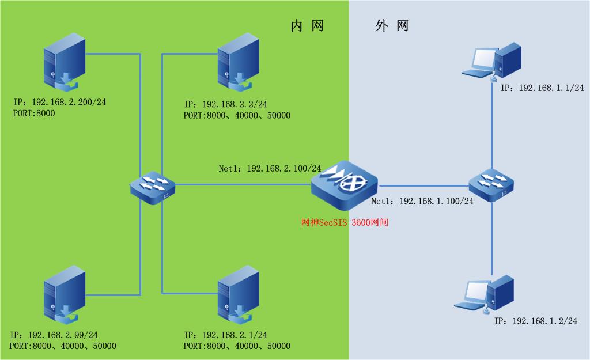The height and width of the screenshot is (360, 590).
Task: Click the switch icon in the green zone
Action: pyautogui.click(x=152, y=185)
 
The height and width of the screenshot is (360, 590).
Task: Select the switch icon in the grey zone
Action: pyautogui.click(x=491, y=185)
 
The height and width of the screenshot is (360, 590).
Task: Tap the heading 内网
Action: pyautogui.click(x=307, y=26)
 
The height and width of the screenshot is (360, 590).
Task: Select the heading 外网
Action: pyautogui.click(x=392, y=26)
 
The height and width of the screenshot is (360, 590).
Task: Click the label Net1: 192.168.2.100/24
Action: pyautogui.click(x=270, y=169)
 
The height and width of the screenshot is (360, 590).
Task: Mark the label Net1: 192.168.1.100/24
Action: pyautogui.click(x=422, y=202)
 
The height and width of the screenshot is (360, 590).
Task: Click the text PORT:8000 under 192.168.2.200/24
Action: pyautogui.click(x=34, y=113)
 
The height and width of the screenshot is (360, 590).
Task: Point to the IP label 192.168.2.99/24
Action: pyautogui.click(x=54, y=335)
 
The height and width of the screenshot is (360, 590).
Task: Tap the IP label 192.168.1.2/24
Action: pyautogui.click(x=536, y=320)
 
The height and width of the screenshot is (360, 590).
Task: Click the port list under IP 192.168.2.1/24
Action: pyautogui.click(x=237, y=346)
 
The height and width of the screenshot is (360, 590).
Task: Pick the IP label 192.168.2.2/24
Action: pyautogui.click(x=225, y=104)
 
